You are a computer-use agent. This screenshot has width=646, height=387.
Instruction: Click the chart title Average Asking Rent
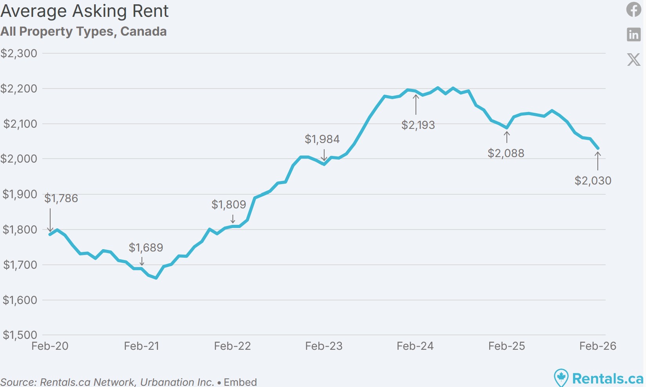(84, 11)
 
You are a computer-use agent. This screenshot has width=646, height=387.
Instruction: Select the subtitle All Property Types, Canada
(83, 31)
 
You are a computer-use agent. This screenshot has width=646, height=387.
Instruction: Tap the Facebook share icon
(633, 9)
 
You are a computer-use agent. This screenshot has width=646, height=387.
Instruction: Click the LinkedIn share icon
(633, 34)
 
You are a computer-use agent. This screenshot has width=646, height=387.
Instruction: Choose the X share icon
(633, 60)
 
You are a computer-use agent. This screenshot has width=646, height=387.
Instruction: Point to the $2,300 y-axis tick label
(19, 53)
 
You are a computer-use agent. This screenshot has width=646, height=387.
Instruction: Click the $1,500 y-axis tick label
(20, 335)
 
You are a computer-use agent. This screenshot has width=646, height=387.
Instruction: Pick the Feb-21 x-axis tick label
(142, 346)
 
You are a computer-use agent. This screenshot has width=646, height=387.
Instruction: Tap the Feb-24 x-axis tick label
(415, 346)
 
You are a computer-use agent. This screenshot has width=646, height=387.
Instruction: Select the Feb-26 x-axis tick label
(598, 346)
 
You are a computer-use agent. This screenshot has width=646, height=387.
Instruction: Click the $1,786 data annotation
(61, 198)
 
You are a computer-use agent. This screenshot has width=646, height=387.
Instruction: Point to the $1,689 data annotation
(146, 248)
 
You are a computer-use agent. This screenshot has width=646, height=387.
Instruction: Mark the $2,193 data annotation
(418, 125)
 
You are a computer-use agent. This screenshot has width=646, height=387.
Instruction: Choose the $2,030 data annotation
(593, 181)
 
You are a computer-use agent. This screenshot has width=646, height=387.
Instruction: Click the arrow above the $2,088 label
(507, 137)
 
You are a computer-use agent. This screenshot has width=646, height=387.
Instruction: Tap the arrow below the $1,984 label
(324, 155)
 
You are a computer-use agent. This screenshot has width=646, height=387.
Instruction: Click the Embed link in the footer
(240, 382)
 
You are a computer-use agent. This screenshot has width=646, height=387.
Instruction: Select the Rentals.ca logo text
(608, 378)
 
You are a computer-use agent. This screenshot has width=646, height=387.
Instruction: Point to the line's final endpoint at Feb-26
(598, 148)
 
